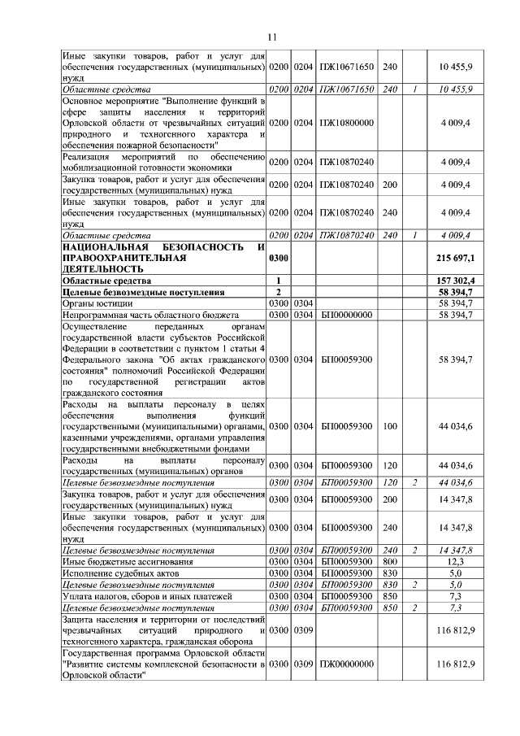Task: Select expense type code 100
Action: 389,425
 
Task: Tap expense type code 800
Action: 389,562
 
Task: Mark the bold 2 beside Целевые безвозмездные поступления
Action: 278,291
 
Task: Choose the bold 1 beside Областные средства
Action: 278,280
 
